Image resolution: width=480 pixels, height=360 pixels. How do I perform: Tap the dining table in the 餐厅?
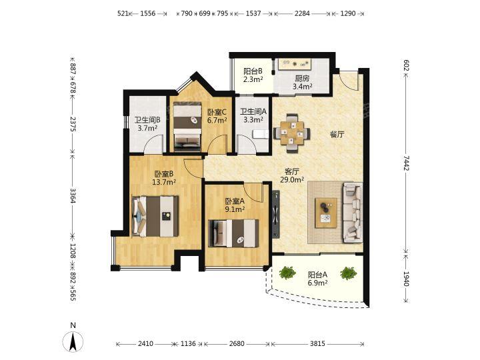click(292, 133)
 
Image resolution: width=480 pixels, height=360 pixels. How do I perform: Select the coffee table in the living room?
click(326, 213)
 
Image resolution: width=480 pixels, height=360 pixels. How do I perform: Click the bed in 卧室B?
click(155, 216)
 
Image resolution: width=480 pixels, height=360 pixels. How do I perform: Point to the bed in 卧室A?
click(233, 233)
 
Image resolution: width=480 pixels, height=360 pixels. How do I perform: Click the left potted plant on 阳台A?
click(287, 273)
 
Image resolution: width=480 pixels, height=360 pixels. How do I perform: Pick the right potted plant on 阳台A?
click(349, 273)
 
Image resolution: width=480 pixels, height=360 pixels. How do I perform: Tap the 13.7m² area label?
click(164, 183)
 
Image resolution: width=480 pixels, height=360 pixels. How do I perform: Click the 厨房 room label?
click(302, 79)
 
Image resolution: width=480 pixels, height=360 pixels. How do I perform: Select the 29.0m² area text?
click(292, 180)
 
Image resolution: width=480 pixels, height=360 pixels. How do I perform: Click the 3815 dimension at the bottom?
click(317, 344)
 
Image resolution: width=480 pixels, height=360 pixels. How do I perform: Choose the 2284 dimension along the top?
click(302, 13)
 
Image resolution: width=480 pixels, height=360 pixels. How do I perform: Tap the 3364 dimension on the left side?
click(73, 195)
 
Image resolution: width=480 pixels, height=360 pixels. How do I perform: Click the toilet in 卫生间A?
click(260, 134)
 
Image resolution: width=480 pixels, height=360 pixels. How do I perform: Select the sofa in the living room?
click(353, 213)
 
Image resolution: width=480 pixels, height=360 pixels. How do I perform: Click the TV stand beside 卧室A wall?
click(276, 214)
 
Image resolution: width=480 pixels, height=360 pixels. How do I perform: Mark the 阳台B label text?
click(253, 71)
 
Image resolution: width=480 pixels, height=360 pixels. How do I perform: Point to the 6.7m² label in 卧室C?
click(217, 120)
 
